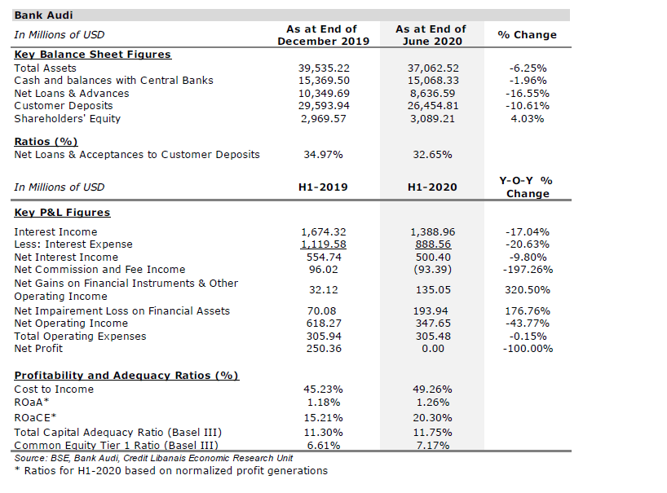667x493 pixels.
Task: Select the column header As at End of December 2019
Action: tap(323, 35)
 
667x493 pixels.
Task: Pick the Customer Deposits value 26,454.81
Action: tap(432, 106)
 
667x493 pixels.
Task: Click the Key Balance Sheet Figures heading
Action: tap(92, 55)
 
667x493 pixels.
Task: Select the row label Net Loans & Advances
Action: tap(71, 94)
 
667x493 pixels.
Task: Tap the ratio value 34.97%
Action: tap(323, 155)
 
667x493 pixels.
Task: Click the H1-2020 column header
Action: tap(431, 187)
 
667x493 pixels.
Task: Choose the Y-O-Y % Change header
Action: tap(527, 187)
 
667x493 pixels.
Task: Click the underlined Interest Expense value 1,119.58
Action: tap(324, 244)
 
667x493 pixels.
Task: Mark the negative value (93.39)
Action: tap(432, 270)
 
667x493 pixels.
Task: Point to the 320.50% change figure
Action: tap(528, 290)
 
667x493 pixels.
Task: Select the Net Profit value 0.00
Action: tap(432, 349)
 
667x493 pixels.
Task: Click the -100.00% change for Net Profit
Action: tap(528, 349)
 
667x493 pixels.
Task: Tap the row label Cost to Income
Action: tap(54, 390)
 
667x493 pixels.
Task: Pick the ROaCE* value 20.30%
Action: tap(432, 417)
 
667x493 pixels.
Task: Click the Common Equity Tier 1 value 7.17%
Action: tap(432, 446)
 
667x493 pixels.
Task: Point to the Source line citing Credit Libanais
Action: tap(154, 459)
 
